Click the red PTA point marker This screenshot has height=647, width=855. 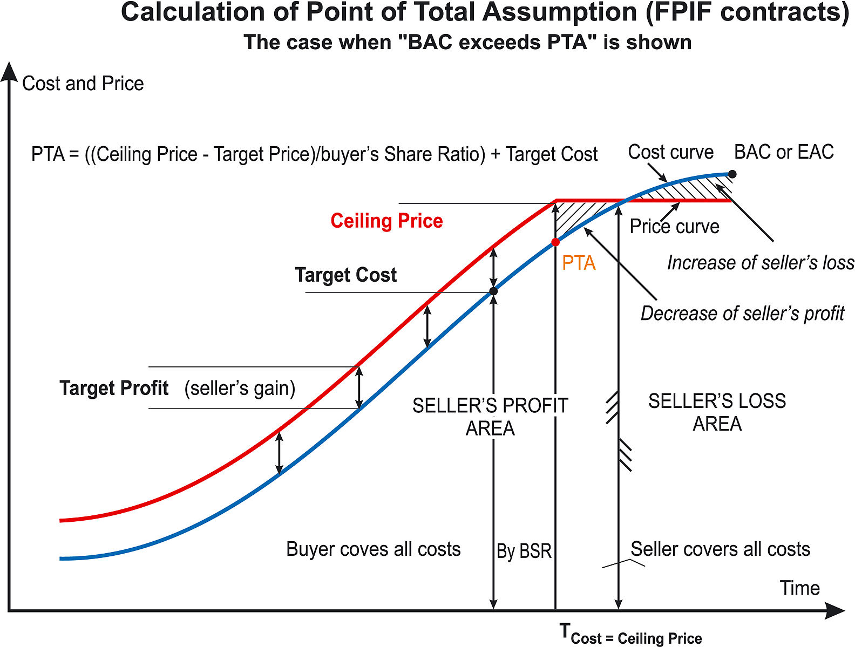(555, 242)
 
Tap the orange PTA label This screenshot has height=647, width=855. (579, 263)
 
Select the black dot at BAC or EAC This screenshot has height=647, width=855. (732, 174)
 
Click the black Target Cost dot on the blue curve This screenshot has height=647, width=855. (493, 291)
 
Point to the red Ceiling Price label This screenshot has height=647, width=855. (386, 221)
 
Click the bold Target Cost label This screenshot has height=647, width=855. (345, 275)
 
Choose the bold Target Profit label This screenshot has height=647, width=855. (114, 388)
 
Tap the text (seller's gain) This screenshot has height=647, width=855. (240, 388)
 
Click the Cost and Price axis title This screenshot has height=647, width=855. (83, 84)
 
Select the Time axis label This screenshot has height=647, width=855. (799, 588)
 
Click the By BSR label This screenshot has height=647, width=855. (524, 551)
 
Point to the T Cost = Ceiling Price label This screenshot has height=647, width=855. (630, 634)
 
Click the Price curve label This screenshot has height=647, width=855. (674, 227)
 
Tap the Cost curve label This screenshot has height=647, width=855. (670, 152)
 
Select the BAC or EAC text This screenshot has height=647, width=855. (784, 152)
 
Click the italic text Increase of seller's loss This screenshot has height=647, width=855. (761, 263)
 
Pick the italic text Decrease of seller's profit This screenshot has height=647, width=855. (742, 314)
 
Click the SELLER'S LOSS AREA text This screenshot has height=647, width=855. (717, 412)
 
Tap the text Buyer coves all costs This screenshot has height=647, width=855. (373, 549)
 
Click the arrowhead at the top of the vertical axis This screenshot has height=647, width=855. (9, 71)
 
